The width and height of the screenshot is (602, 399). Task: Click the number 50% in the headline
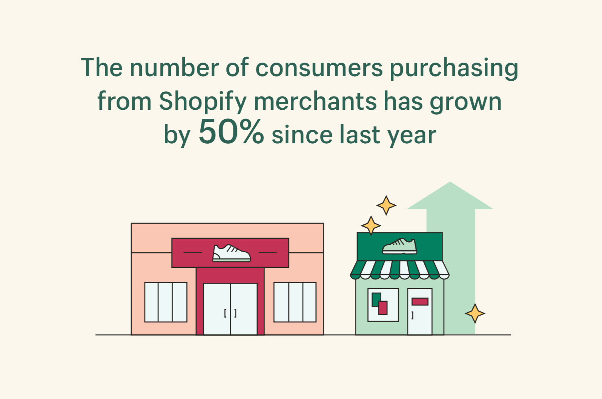point(231,132)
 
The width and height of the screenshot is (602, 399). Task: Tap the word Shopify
point(203,101)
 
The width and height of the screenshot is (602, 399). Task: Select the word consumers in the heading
point(319,68)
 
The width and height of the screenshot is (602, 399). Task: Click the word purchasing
point(454,68)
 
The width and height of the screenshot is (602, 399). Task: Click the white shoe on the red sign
point(231,253)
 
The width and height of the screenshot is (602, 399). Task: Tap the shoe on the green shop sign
point(399,246)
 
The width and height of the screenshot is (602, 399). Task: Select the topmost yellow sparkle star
point(386,205)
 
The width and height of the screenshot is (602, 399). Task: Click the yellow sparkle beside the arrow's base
point(475,313)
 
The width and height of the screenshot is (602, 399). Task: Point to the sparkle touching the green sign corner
point(371,226)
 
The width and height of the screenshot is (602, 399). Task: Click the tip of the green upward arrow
point(450,182)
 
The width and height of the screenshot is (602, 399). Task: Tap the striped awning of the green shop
point(399,270)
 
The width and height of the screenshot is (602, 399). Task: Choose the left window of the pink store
point(166,302)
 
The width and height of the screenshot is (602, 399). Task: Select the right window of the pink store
point(295,302)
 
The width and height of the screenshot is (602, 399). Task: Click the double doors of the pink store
point(230,309)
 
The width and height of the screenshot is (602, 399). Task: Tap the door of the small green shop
point(420,312)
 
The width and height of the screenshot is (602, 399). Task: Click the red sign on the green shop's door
point(420,301)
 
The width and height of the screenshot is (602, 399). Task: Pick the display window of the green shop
point(383,305)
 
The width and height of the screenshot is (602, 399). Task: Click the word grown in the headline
point(466,102)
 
